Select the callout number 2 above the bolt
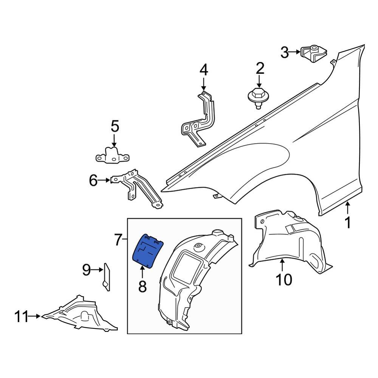pos(260,69)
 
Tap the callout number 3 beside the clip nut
pos(285,52)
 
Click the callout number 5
pos(115,126)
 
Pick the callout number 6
pos(93,181)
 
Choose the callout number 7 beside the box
pos(118,239)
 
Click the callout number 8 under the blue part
pos(142,286)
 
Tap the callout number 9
pos(87,270)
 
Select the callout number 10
pos(283,280)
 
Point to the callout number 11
pos(22,316)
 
